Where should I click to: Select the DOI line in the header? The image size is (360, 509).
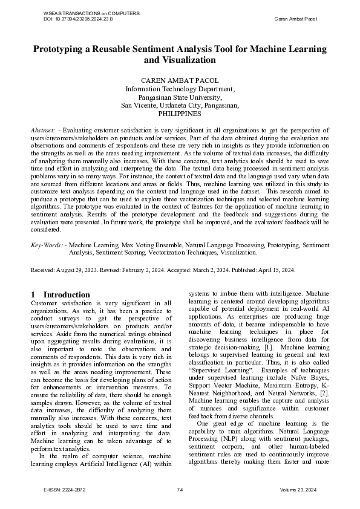point(78,19)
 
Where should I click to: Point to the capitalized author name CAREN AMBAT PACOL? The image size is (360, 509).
point(180,80)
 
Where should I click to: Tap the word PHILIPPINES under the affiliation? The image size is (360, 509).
point(180,113)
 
